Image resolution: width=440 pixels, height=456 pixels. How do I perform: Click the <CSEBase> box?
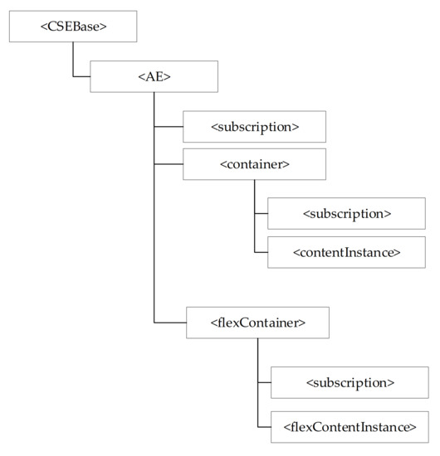coord(73,27)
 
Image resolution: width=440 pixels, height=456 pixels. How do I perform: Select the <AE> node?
coord(154,76)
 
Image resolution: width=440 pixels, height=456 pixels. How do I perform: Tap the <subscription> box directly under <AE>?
coord(254,126)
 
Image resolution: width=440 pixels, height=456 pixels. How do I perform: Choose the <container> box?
coord(254,164)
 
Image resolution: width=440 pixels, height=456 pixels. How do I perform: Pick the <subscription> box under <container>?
coord(346,213)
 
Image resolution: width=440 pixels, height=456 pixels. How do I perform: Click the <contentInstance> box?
coord(346,251)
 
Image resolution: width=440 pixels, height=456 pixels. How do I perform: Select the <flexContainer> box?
coord(257,322)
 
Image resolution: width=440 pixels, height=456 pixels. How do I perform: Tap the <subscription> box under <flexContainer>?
coord(350,382)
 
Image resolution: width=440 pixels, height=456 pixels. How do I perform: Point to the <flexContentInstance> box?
coord(350,427)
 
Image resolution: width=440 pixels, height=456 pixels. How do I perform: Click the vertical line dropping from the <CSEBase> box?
coord(73,59)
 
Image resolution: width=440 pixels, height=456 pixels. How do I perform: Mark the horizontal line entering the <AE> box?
coord(81,76)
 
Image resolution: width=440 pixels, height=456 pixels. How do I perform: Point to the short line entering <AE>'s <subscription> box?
coord(169,126)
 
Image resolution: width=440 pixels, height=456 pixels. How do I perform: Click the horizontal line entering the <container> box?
coord(169,164)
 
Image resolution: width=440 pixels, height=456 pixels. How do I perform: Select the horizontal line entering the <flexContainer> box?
coord(170,322)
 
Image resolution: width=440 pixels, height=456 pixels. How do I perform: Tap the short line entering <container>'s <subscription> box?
coord(261,213)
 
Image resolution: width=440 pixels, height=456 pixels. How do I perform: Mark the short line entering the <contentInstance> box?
coord(261,251)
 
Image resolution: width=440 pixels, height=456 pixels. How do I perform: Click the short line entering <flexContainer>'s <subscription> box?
coord(264,382)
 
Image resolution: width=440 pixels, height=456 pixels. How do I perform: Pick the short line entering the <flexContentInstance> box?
coord(264,427)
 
